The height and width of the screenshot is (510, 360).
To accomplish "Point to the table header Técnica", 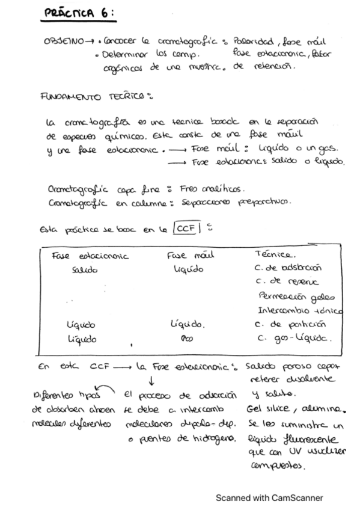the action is click(x=273, y=254).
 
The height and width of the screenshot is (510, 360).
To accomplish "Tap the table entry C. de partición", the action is click(x=284, y=325).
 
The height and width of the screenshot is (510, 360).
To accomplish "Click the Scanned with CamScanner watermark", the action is click(x=269, y=497).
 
